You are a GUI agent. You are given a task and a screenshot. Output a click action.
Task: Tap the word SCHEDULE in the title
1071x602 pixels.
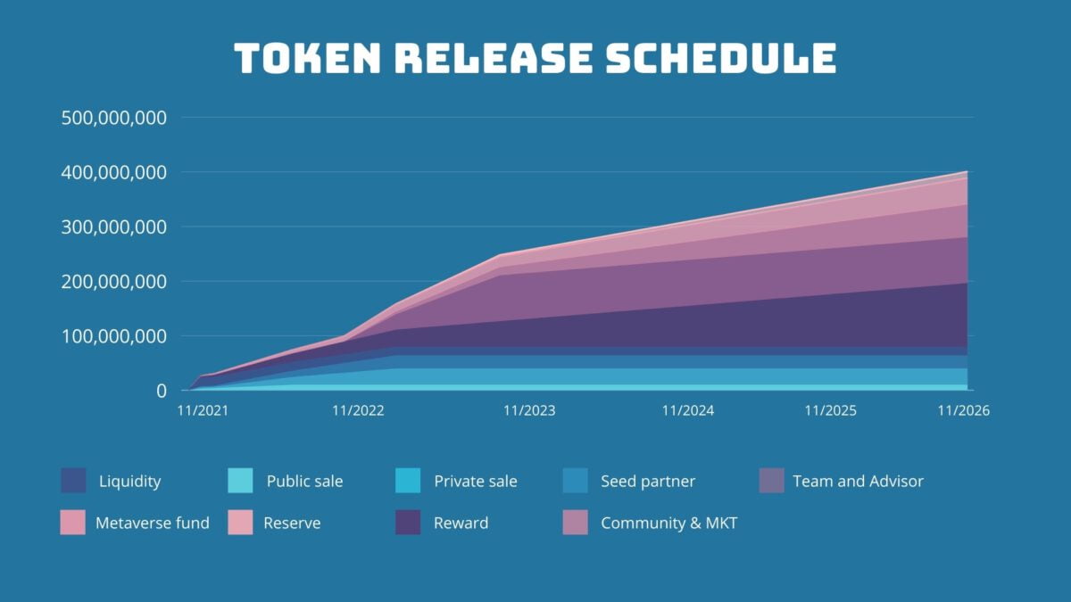[x=721, y=59]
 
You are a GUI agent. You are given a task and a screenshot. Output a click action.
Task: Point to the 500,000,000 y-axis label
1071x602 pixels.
[x=114, y=118]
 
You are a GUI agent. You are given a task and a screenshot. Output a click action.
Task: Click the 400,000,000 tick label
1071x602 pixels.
[x=114, y=172]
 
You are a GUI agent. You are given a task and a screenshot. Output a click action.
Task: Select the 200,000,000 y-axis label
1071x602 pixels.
[x=114, y=282]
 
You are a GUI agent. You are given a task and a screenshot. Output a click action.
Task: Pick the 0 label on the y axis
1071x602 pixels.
[x=162, y=392]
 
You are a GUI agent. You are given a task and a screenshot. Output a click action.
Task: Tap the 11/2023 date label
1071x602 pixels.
[x=529, y=411]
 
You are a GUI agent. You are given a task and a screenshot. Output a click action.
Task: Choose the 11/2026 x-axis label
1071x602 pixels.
[x=964, y=411]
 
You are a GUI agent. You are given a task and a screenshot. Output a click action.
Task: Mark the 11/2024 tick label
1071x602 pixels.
[x=688, y=411]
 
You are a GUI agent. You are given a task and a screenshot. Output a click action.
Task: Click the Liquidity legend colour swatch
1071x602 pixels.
[x=74, y=481]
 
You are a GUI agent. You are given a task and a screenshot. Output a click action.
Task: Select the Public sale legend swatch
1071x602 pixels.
[x=241, y=481]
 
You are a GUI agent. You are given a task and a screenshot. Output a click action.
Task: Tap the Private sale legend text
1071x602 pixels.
[x=475, y=482]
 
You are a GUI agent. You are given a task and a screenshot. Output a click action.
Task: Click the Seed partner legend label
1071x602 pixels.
[x=648, y=482]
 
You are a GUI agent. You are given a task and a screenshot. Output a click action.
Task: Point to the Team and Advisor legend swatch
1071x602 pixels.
[x=771, y=481]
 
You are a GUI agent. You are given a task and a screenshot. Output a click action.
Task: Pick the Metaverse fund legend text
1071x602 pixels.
[x=153, y=524]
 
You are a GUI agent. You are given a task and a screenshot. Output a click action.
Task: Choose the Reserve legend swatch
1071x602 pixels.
[x=241, y=523]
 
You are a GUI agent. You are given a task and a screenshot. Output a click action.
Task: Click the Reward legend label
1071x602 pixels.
[x=461, y=524]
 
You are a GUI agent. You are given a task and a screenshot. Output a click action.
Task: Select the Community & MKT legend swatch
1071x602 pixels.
[x=576, y=523]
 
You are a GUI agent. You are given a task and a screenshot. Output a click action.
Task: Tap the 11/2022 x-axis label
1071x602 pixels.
[x=358, y=411]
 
